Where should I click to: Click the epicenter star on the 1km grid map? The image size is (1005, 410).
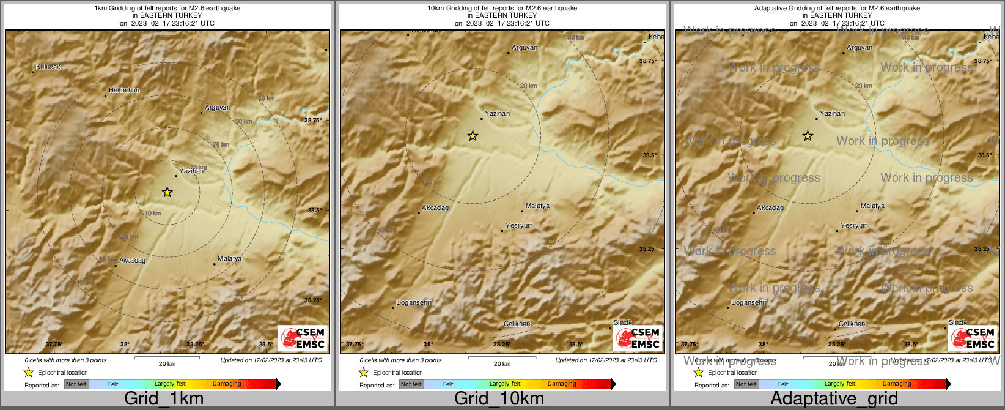coord(167,193)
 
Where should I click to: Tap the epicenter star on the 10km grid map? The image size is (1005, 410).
coord(473,136)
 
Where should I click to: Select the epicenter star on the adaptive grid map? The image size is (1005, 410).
coord(808,136)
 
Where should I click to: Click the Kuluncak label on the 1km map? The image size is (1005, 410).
coord(48,67)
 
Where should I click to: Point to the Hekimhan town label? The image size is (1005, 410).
coord(124,91)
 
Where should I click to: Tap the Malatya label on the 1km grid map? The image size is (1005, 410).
coord(229,259)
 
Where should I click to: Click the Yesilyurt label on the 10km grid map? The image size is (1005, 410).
coord(518,226)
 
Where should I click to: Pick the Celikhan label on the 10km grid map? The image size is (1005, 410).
coord(517,324)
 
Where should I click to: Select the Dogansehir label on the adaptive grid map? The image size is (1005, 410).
coord(749,303)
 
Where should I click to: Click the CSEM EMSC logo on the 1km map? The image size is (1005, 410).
coord(303,338)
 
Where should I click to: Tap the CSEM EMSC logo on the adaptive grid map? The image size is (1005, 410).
coord(973,338)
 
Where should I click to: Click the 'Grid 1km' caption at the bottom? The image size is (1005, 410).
coord(164,399)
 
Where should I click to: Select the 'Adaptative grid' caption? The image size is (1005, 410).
coord(834,399)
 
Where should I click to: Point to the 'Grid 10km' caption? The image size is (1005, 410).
coord(499,399)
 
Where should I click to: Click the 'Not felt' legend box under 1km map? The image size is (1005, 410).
coord(76,384)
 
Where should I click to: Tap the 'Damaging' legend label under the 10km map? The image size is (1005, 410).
coord(562,384)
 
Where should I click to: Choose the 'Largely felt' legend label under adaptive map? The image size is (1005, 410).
coord(840,384)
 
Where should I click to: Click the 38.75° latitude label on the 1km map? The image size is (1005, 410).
coord(313,121)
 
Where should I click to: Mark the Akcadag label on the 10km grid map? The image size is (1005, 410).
coord(435,208)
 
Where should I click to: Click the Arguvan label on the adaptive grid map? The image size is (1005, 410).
coord(860,48)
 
